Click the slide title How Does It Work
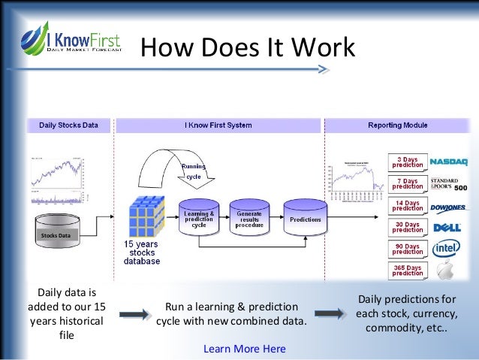point(248,48)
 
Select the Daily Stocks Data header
point(68,125)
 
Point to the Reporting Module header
point(399,125)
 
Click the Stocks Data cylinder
point(55,228)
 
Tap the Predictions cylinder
point(305,219)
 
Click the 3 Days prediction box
point(408,162)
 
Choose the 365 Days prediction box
point(408,270)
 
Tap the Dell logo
point(448,227)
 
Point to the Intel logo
point(448,247)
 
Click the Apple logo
point(448,270)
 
